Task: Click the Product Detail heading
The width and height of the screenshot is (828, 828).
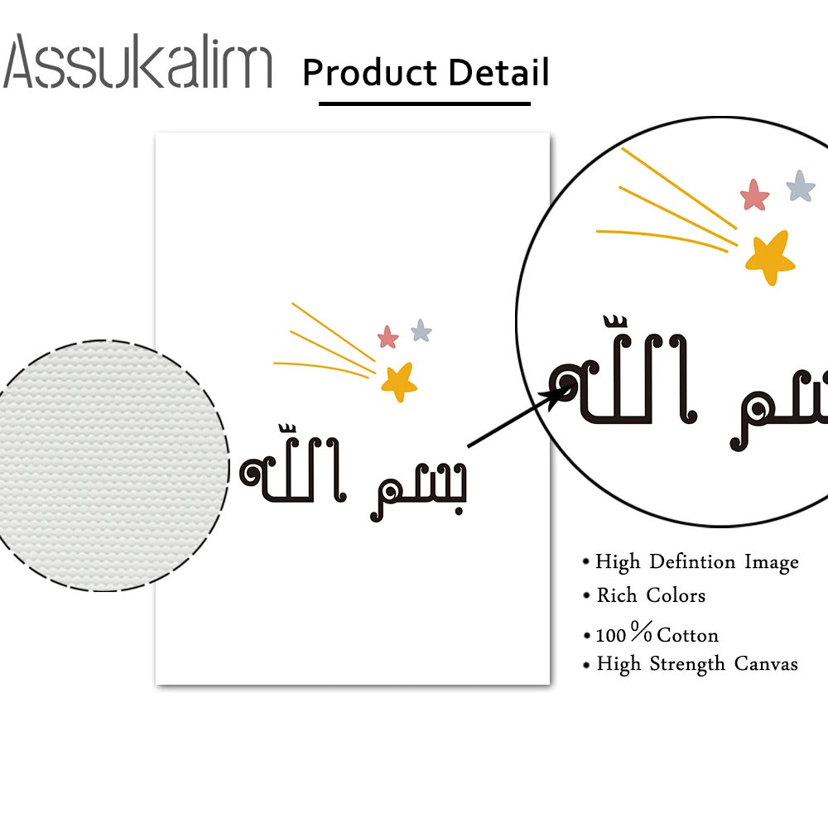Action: point(426,72)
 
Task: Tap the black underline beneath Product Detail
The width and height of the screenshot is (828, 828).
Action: point(424,103)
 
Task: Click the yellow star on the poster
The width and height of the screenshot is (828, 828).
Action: point(399,380)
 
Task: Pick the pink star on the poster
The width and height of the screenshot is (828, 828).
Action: point(388,337)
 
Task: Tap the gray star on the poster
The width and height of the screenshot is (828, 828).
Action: point(421,331)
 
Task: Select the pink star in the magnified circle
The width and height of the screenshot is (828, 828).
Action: point(754,195)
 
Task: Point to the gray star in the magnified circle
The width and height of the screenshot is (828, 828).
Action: point(800,186)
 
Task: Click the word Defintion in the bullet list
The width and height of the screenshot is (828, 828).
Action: point(693,562)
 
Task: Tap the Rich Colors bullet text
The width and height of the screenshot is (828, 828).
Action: point(651,595)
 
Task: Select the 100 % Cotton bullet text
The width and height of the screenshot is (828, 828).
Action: point(657,635)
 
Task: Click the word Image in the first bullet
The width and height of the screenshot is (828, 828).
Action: point(771,562)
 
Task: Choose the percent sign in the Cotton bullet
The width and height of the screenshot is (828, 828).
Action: point(642,633)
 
